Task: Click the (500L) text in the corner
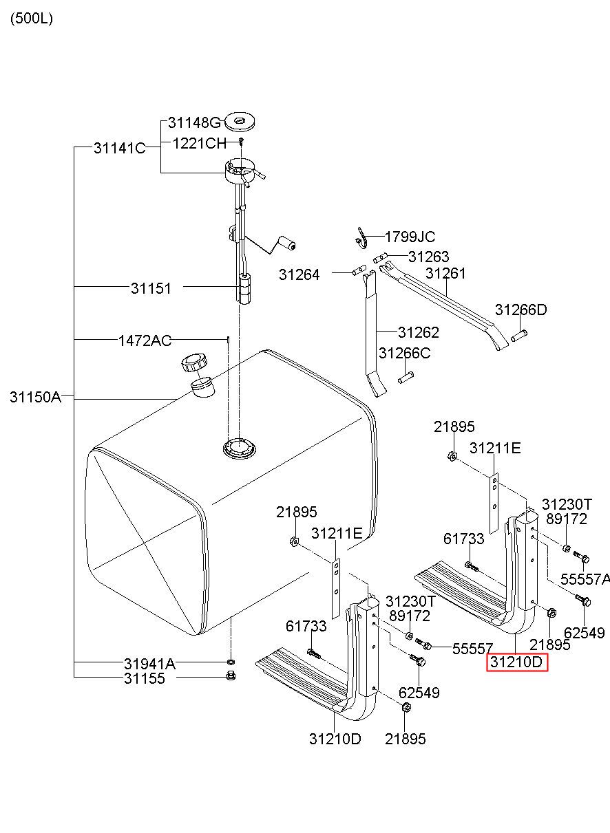[x=32, y=18]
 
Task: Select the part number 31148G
[x=194, y=122]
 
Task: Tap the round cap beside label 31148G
[x=240, y=121]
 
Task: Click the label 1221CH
[x=200, y=143]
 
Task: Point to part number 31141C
[x=120, y=148]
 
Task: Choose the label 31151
[x=151, y=288]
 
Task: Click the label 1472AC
[x=145, y=340]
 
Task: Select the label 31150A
[x=35, y=397]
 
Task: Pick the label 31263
[x=429, y=257]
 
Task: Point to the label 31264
[x=299, y=274]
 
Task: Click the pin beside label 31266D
[x=519, y=335]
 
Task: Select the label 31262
[x=419, y=332]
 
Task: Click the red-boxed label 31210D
[x=517, y=662]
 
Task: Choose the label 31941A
[x=149, y=663]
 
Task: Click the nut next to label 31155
[x=231, y=675]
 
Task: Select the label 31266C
[x=405, y=353]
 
